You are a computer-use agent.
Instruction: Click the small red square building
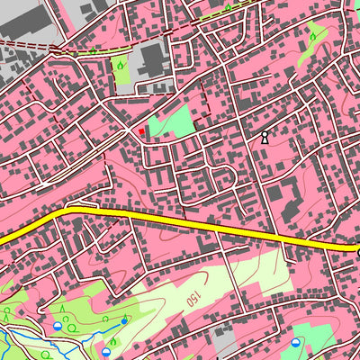pos(141,131)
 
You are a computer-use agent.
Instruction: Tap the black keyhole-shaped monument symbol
pos(265,138)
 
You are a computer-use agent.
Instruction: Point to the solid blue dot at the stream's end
pos(124,320)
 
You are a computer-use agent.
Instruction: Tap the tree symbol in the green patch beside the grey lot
pos(121,65)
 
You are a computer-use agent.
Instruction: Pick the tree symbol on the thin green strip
pos(228,8)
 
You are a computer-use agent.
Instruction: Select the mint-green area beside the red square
pos(175,122)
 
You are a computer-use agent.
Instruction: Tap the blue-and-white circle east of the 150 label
pos(296,342)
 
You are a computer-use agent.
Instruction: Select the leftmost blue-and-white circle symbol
pos(57,327)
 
